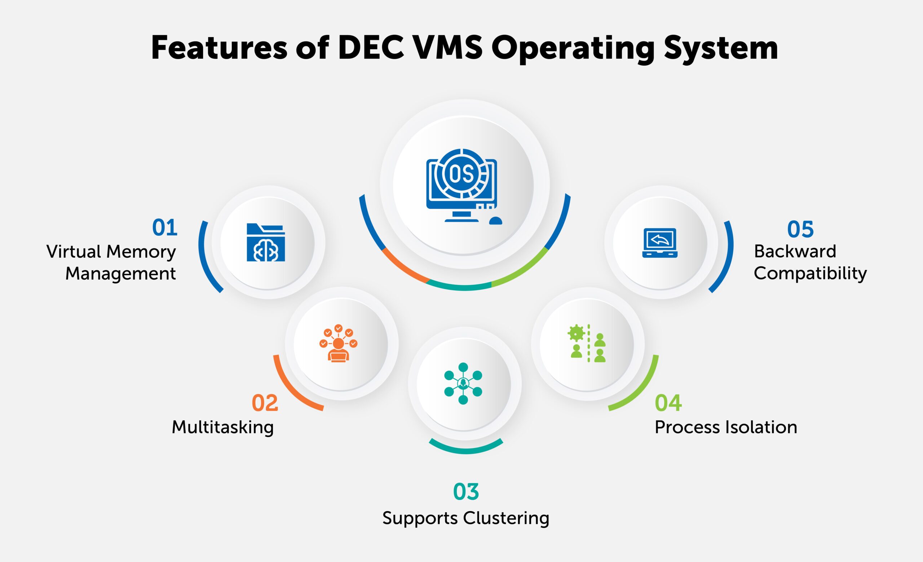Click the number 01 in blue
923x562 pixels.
point(164,227)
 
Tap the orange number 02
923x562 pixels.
point(265,403)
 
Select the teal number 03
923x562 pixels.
point(465,492)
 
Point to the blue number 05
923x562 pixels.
point(800,230)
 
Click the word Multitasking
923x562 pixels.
point(222,427)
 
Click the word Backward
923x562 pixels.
point(795,251)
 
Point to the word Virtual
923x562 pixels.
point(74,252)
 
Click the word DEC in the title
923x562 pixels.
point(371,48)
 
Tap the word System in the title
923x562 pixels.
point(721,48)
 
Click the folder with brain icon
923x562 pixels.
point(266,243)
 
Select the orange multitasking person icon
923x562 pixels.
point(338,343)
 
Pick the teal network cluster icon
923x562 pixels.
point(463,384)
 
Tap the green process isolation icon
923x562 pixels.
point(587,343)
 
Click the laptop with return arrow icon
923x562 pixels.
point(660,243)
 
